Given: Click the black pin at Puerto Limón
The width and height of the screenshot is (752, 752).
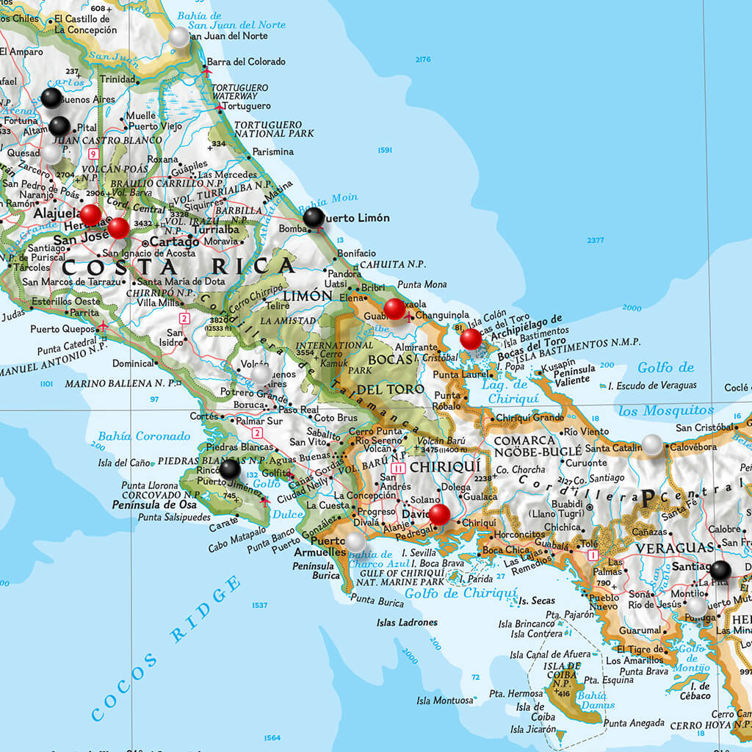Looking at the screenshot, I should [314, 217].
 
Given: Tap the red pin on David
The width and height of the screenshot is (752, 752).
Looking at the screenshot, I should [439, 514].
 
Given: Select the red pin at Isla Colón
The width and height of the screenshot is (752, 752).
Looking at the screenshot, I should [471, 339].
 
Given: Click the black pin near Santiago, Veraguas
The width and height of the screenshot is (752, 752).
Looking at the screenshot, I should [720, 570].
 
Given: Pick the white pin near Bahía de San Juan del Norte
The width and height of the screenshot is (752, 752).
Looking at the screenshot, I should [179, 37].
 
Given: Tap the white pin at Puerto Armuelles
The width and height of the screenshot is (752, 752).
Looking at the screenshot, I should [355, 542].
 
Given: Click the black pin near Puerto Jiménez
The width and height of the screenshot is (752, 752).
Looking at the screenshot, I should [230, 469].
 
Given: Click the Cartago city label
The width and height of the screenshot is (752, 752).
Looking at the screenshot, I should [175, 242].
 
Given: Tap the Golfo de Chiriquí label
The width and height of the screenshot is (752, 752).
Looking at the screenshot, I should [461, 593].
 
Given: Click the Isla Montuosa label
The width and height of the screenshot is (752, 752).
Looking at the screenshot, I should [445, 701].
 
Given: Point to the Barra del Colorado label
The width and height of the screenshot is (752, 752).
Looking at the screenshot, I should [246, 62].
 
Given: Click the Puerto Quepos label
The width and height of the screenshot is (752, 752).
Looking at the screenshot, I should [64, 329].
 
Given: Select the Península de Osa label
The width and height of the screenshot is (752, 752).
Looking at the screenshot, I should [151, 505].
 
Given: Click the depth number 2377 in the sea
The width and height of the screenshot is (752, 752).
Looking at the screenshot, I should [596, 240].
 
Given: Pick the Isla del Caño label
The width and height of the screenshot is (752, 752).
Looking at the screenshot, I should [123, 463].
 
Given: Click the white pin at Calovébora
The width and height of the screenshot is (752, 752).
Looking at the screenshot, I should [653, 444].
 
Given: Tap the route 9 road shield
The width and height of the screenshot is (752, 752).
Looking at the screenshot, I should [93, 153].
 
